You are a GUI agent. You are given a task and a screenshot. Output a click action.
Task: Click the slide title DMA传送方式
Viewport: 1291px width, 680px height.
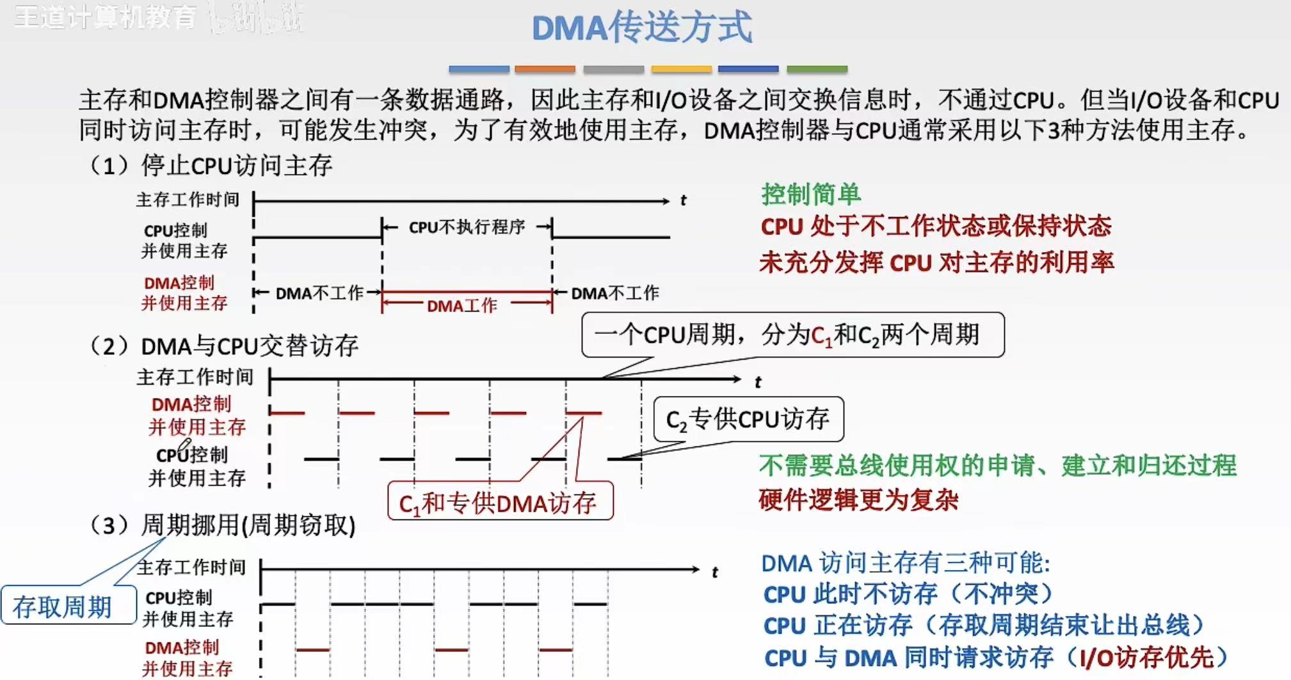(642, 28)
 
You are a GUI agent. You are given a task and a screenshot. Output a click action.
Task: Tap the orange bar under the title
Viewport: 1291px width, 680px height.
(545, 69)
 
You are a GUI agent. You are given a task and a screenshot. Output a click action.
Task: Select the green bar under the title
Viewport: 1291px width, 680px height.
(817, 69)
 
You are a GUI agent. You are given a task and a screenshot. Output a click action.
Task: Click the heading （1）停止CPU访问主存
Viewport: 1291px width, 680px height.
(211, 166)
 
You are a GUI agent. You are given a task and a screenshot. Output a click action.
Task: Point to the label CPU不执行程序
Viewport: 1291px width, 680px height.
(467, 227)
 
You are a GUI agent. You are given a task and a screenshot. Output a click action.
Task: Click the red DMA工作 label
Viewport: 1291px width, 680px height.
(461, 306)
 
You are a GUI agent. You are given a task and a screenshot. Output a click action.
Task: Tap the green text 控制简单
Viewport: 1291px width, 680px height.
(811, 194)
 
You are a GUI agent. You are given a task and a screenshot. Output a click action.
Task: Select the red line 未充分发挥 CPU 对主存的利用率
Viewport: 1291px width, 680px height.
(936, 262)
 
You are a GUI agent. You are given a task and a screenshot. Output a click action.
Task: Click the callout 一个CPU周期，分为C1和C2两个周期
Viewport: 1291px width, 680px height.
(792, 335)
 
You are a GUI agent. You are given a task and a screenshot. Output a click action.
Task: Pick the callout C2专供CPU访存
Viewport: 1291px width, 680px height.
(748, 420)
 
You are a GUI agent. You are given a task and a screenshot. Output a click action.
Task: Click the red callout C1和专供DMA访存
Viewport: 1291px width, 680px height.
(500, 503)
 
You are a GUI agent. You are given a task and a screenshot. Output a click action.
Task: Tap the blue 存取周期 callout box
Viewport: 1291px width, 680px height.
(63, 606)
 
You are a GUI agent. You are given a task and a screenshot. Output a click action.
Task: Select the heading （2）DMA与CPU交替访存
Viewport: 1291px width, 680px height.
(224, 346)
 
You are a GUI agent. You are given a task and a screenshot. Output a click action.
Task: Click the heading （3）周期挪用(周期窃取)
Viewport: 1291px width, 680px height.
(223, 525)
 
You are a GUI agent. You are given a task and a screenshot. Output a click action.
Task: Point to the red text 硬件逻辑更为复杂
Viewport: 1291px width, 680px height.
(858, 499)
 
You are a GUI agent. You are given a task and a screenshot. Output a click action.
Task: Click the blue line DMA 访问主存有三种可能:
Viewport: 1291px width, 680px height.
(906, 563)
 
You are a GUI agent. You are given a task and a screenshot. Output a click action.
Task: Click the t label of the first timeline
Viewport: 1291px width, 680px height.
(683, 201)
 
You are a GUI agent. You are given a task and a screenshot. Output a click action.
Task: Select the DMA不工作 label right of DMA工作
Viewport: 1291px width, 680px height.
(615, 293)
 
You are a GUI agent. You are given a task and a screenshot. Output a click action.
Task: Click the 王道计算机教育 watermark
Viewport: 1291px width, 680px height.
(106, 17)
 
